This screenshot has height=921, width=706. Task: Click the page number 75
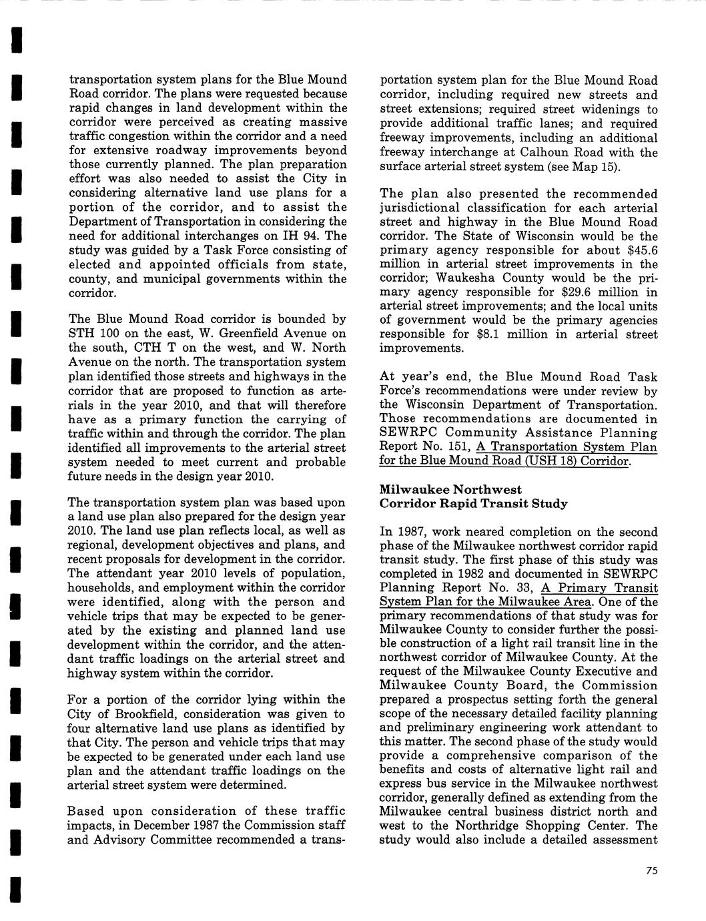652,870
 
